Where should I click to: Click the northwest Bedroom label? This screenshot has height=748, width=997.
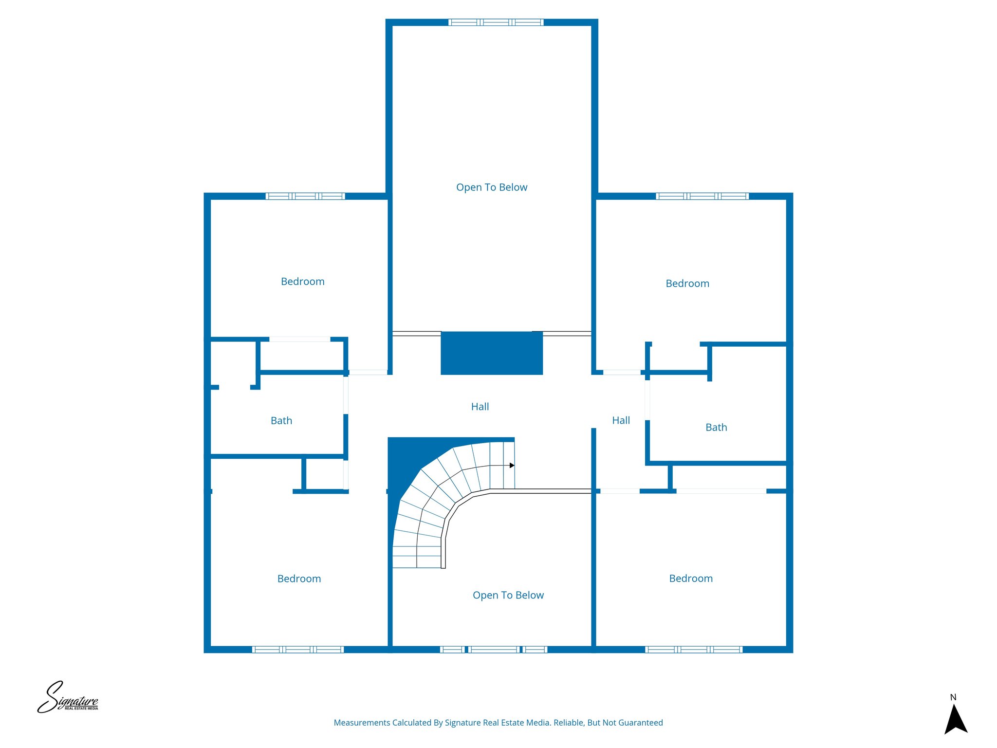point(302,281)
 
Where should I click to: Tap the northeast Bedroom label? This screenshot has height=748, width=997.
point(687,283)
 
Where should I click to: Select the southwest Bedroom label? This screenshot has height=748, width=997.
point(299,579)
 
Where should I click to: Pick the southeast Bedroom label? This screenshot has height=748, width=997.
point(691,579)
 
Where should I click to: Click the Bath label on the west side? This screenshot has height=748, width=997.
point(281,421)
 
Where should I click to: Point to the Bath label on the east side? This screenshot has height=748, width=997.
point(716,428)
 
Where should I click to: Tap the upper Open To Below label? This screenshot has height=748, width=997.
point(492,187)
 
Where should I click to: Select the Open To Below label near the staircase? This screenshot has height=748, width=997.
point(508,595)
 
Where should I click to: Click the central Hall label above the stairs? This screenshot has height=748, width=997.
point(480,407)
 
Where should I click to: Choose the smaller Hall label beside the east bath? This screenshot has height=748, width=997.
point(621,420)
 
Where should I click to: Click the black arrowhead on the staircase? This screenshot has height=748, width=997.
point(512,466)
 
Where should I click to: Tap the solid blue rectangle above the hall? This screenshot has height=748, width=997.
point(492,353)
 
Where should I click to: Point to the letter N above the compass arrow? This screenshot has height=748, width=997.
point(953,697)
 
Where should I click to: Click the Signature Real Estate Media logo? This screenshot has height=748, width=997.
point(68,697)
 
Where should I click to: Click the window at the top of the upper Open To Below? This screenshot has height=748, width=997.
point(496,22)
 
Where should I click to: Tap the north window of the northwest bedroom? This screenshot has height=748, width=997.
point(305,196)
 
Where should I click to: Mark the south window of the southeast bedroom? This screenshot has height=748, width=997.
point(694,649)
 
